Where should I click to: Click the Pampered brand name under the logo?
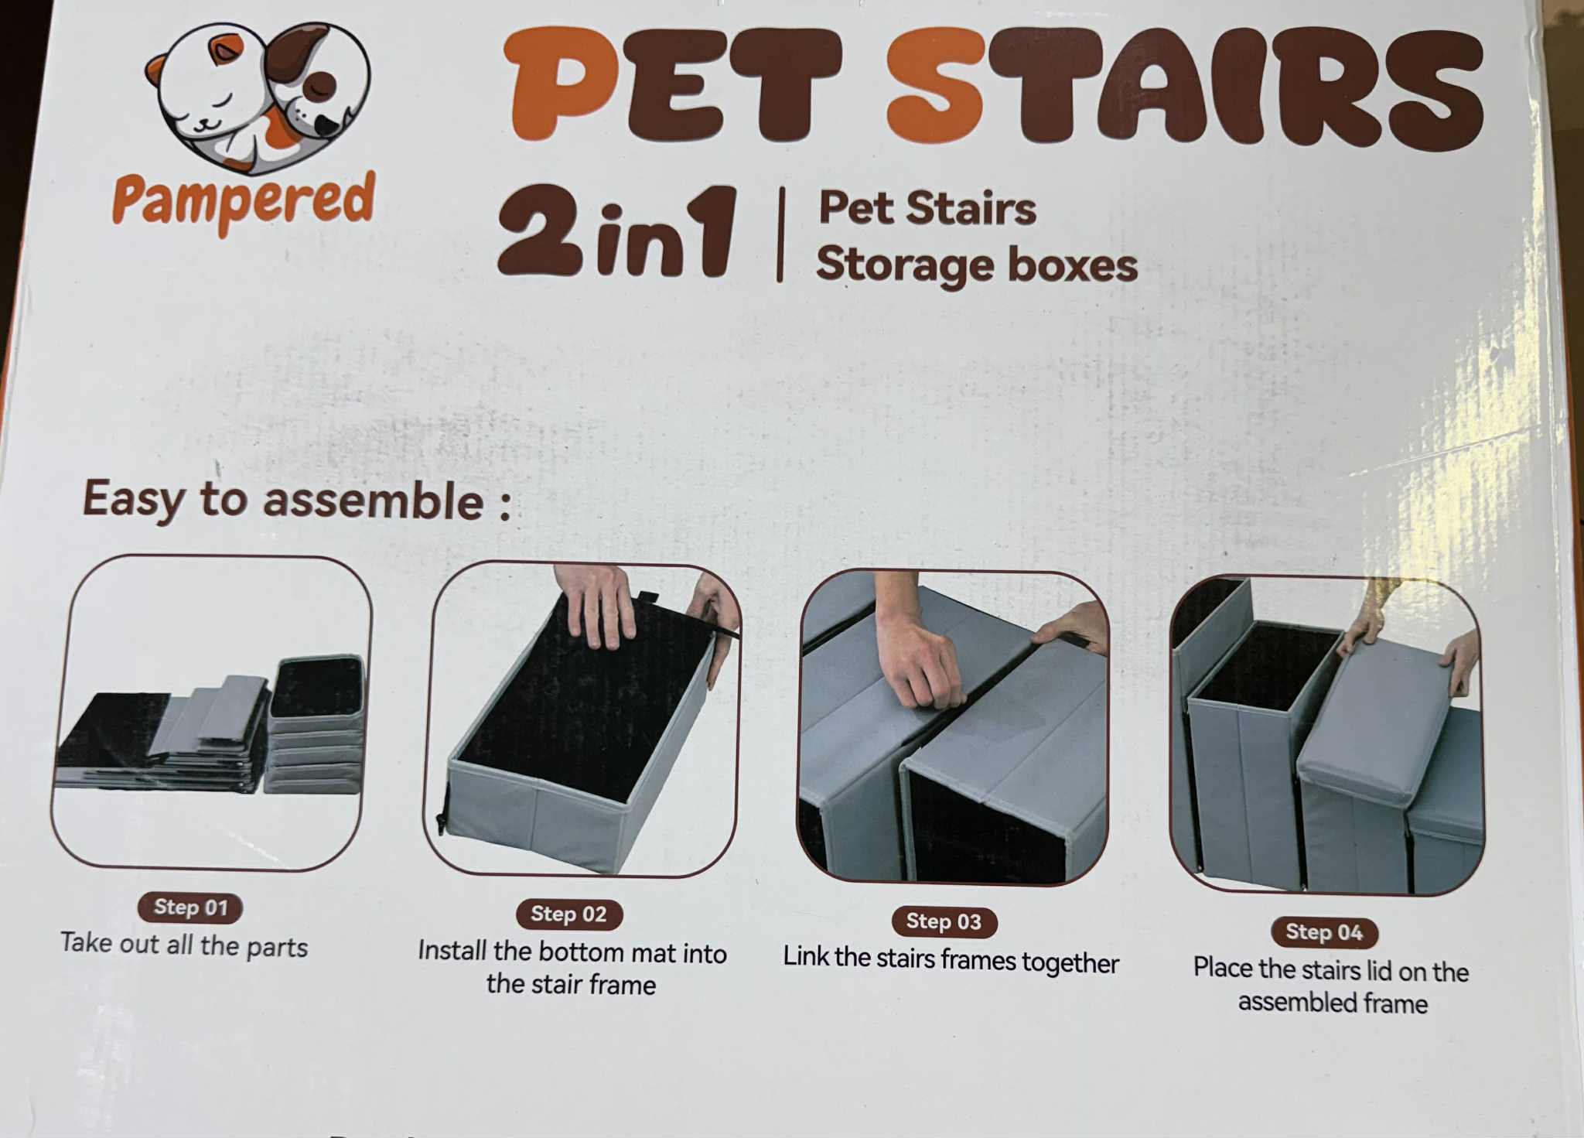click(x=244, y=201)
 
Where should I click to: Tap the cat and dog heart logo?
click(x=258, y=94)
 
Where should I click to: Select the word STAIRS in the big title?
click(x=1184, y=87)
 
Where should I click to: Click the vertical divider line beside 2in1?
click(x=780, y=234)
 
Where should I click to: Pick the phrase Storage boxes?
click(x=976, y=265)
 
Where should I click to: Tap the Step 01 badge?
click(x=190, y=907)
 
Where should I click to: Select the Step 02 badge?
click(x=569, y=914)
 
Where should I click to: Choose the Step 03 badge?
click(x=944, y=921)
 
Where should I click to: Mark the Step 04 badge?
click(x=1324, y=932)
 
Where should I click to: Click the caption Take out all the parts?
click(x=184, y=945)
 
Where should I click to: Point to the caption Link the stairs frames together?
click(x=951, y=960)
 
